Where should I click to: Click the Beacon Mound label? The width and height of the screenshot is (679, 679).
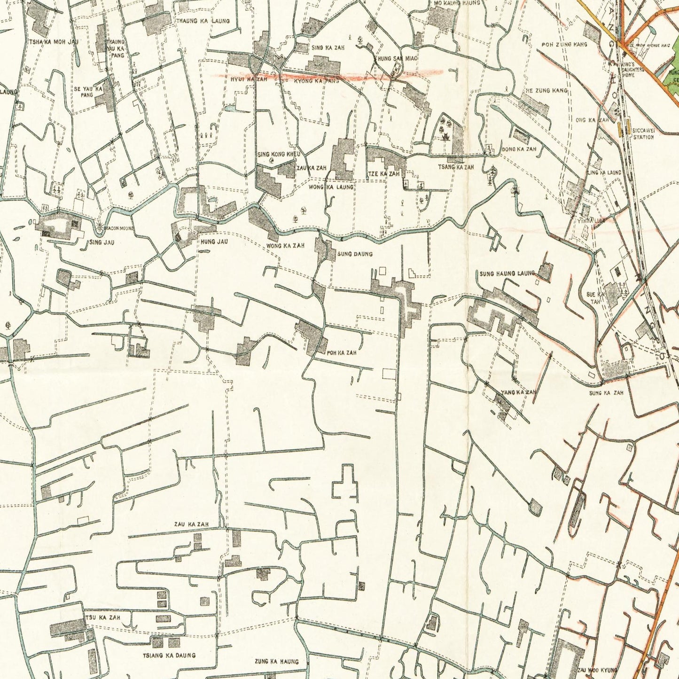coord(119,228)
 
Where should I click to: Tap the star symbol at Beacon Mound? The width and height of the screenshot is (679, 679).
coord(100,229)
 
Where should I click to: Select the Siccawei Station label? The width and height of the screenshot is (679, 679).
coord(643,134)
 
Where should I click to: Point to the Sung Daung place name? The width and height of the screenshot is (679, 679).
coord(355,254)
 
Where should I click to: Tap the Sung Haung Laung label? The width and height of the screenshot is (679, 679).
coord(507,273)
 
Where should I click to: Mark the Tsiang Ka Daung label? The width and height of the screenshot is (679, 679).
coord(170,655)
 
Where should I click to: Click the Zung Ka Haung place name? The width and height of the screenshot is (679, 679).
coord(276,662)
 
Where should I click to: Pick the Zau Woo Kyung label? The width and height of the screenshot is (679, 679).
coord(597,670)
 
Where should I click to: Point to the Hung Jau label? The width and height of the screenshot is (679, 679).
coord(214,242)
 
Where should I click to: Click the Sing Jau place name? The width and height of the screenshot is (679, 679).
coord(101,242)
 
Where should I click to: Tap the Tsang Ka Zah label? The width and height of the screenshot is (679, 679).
coord(456,167)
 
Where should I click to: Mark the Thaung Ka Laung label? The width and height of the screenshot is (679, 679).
coord(203,21)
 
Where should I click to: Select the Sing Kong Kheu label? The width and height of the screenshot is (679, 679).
coord(279,154)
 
